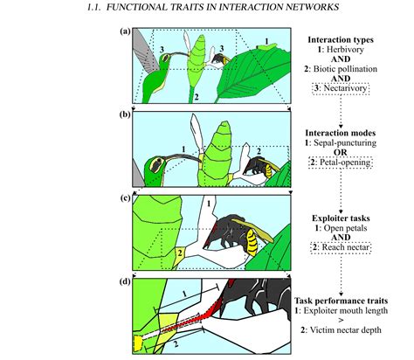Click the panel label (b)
(125, 114)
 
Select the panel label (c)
(125, 197)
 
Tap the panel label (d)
(125, 280)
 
